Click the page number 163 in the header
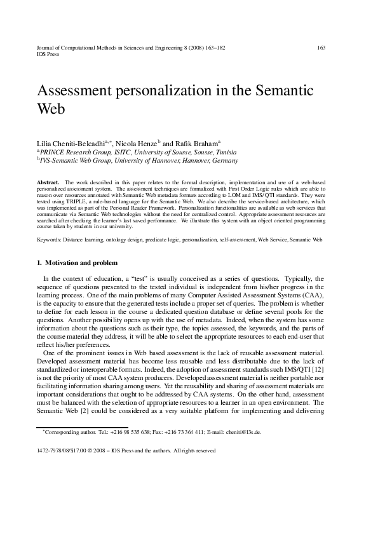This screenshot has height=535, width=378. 321,48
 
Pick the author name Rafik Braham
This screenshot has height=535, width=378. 196,145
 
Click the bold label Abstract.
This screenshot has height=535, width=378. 48,182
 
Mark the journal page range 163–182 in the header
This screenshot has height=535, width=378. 212,48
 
